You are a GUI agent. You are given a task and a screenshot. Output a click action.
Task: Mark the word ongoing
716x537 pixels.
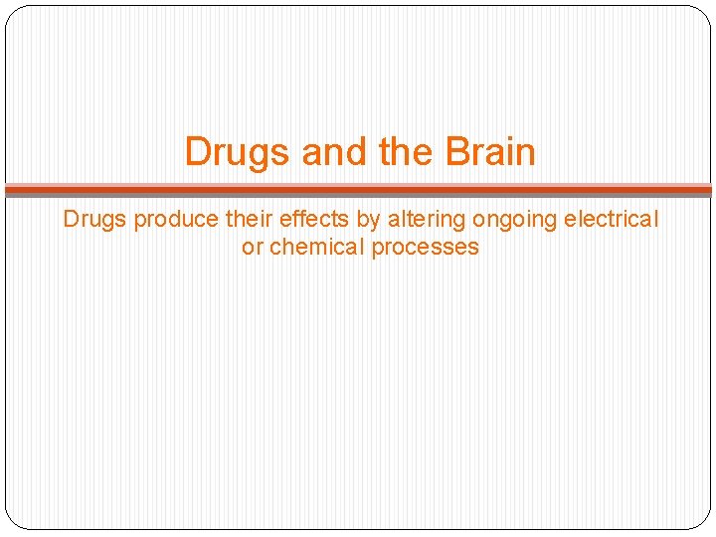501,221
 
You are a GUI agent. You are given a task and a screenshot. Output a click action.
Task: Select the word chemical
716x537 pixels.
317,247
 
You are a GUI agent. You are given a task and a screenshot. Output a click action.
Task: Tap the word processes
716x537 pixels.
425,248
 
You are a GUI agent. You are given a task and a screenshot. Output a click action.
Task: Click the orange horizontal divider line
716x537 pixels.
358,188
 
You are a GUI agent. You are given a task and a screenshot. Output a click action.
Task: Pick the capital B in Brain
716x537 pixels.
456,152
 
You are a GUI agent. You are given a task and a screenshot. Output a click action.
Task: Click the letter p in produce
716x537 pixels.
139,221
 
